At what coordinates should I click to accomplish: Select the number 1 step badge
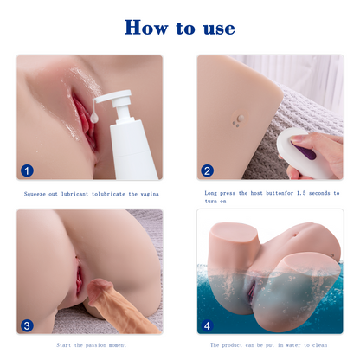pyautogui.click(x=27, y=170)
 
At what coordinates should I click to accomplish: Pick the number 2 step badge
pyautogui.click(x=208, y=170)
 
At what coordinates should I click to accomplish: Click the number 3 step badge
pyautogui.click(x=27, y=326)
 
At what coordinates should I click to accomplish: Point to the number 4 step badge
pyautogui.click(x=208, y=326)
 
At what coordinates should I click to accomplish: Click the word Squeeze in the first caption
pyautogui.click(x=38, y=195)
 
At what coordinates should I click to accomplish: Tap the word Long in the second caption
pyautogui.click(x=211, y=194)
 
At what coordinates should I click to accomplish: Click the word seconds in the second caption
pyautogui.click(x=318, y=194)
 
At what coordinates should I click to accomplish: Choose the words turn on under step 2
pyautogui.click(x=216, y=202)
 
